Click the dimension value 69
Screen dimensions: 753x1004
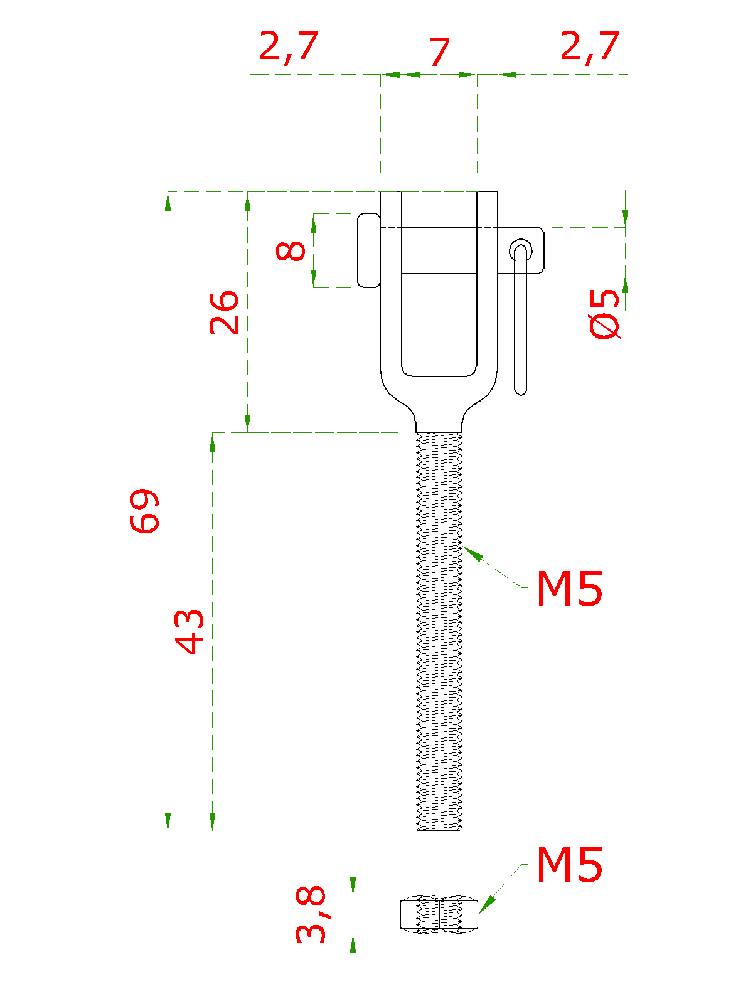(x=144, y=510)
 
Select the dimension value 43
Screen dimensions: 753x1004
(x=190, y=632)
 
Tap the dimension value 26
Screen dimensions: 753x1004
(x=224, y=312)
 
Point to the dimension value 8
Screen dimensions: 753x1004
(x=291, y=250)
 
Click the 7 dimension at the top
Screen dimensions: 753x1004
(x=439, y=51)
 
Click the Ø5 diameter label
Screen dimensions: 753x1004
(x=604, y=314)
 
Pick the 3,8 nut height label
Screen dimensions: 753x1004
(x=311, y=914)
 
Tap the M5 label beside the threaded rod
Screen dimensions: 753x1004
(x=570, y=588)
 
